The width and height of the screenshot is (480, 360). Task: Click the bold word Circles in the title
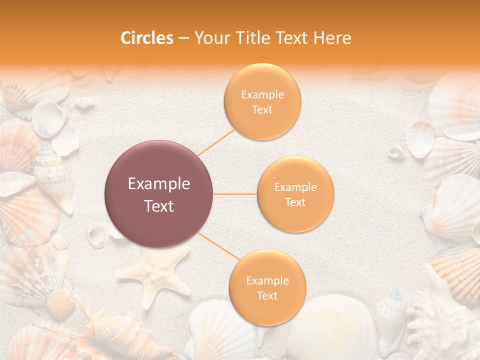tap(146, 38)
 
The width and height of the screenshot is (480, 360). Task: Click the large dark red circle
tap(159, 194)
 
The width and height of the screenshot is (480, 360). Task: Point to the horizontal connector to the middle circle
tap(235, 194)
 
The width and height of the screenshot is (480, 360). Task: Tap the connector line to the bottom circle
tap(218, 246)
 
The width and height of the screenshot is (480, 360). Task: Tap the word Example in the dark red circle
tap(159, 184)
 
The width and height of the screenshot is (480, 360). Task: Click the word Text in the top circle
tap(262, 110)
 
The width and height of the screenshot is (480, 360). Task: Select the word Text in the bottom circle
tap(267, 296)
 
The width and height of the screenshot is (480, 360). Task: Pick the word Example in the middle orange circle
tap(295, 187)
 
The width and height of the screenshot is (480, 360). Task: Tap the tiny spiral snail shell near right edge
tap(395, 151)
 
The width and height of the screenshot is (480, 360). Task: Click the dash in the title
tap(183, 38)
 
